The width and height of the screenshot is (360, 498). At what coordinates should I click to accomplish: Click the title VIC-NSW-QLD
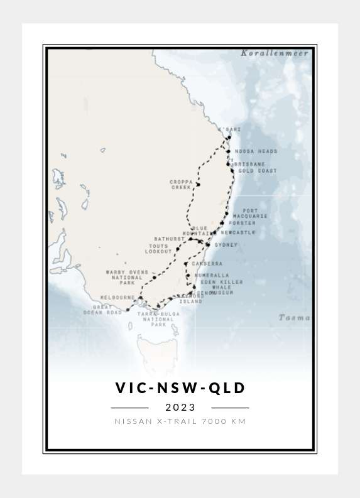[x=180, y=388]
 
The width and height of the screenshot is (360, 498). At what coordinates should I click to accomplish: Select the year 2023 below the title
[x=180, y=408]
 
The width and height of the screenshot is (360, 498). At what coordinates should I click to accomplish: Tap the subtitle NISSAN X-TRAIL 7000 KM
[x=180, y=421]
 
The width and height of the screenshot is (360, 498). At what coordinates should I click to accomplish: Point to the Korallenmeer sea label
[x=275, y=53]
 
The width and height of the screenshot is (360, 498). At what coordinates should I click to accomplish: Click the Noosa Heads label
[x=256, y=151]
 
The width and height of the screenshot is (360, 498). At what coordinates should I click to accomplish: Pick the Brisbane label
[x=249, y=164]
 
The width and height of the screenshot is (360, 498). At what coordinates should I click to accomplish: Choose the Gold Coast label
[x=257, y=170]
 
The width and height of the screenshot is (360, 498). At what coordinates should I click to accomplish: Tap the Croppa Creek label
[x=181, y=184]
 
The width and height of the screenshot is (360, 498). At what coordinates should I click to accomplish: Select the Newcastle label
[x=238, y=232]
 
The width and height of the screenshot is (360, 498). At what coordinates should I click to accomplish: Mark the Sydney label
[x=226, y=245]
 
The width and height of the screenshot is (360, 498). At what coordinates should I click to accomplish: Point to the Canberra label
[x=207, y=264]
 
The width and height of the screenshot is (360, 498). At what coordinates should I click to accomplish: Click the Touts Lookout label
[x=159, y=249]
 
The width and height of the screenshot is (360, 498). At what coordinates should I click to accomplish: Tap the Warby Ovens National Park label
[x=127, y=278]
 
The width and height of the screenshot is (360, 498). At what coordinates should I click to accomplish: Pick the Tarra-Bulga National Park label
[x=158, y=319]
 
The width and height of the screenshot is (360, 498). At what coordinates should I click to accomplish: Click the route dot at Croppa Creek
[x=198, y=185]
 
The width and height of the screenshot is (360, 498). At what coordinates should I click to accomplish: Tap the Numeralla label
[x=212, y=276]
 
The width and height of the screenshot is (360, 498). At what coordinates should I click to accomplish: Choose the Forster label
[x=242, y=223]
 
